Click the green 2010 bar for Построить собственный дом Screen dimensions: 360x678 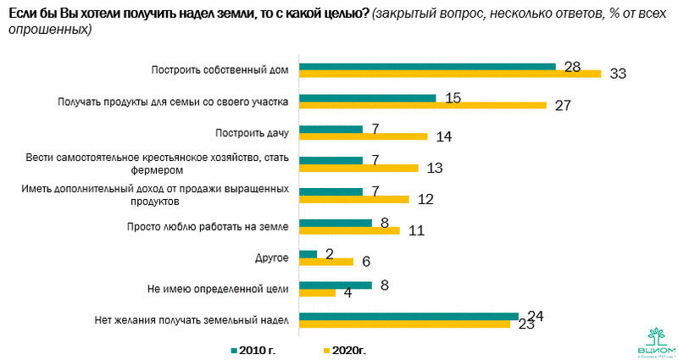pyautogui.click(x=428, y=67)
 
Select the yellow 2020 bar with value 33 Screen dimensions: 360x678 pyautogui.click(x=451, y=74)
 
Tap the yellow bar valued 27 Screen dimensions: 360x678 pyautogui.click(x=424, y=105)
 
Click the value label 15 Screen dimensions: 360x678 pyautogui.click(x=452, y=98)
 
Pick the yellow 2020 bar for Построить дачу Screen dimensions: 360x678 pyautogui.click(x=364, y=136)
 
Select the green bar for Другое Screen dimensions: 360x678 pyautogui.click(x=309, y=254)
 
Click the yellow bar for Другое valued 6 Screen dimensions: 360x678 pyautogui.click(x=327, y=262)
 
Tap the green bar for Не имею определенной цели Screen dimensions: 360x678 pyautogui.click(x=336, y=285)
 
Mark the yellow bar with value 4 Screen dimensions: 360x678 pyautogui.click(x=319, y=293)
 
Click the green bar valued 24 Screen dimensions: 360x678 pyautogui.click(x=409, y=317)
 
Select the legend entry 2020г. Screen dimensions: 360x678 pyautogui.click(x=347, y=348)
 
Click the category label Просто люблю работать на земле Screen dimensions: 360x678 pyautogui.click(x=208, y=226)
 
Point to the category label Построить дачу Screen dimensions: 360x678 pyautogui.click(x=253, y=132)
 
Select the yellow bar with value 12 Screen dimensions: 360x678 pyautogui.click(x=355, y=199)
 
